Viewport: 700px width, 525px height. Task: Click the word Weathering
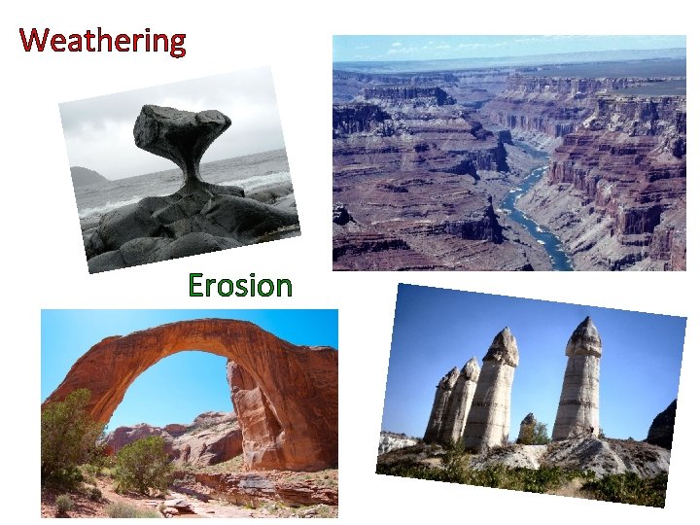102,41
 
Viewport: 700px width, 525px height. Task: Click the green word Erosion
239,285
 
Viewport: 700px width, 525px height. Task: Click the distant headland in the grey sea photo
87,177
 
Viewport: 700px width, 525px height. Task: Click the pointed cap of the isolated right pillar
584,336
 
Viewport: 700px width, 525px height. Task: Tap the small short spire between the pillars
528,426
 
